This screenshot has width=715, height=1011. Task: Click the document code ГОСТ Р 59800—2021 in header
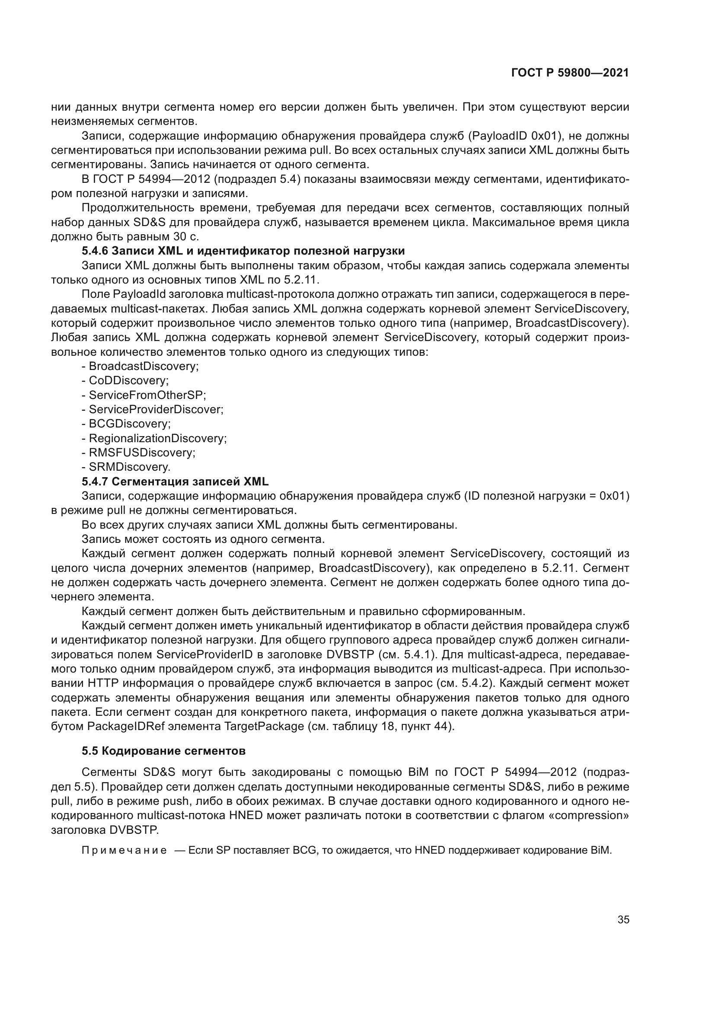coord(570,73)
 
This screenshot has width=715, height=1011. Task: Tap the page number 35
coord(623,920)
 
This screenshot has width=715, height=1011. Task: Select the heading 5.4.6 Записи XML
coord(243,251)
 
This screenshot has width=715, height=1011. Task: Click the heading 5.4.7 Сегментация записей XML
coord(175,481)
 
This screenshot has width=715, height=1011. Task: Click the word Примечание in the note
coord(124,850)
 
